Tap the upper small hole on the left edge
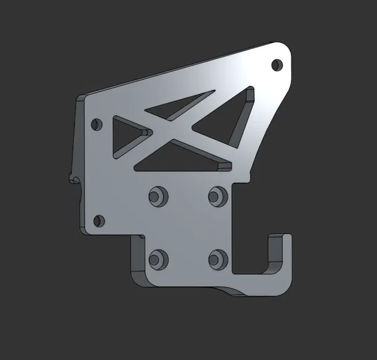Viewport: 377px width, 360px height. (x=96, y=123)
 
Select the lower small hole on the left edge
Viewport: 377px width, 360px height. (x=99, y=220)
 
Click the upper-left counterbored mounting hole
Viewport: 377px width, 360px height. (x=157, y=195)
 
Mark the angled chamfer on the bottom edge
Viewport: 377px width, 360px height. (x=231, y=290)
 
